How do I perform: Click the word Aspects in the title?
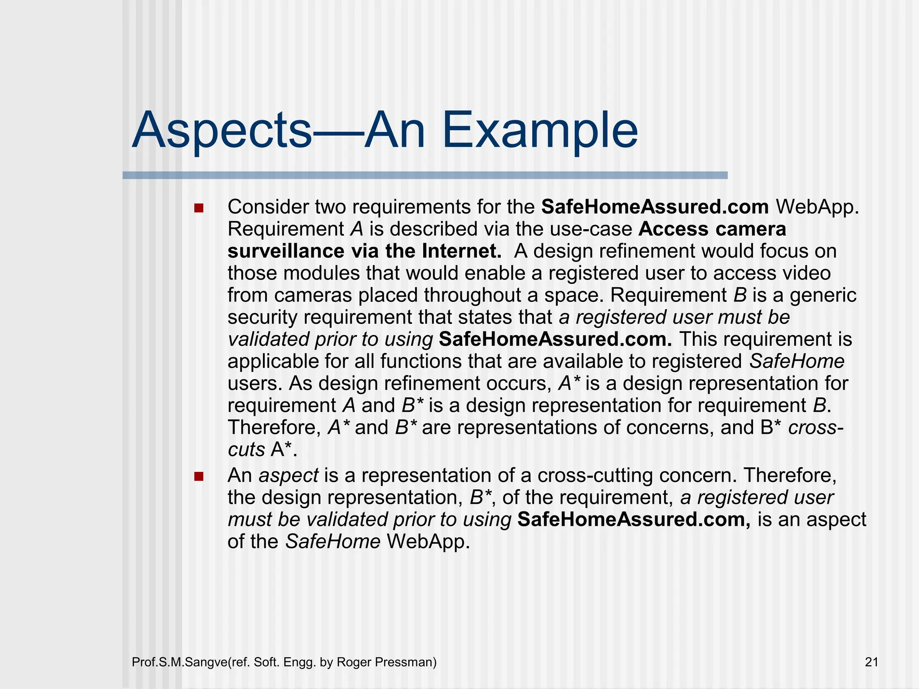222,131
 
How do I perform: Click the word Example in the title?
539,131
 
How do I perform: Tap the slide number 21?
871,662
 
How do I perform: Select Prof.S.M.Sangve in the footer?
180,662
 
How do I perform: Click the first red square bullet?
199,208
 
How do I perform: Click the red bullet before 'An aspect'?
199,476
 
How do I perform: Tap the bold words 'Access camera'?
712,229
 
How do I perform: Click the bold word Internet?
461,251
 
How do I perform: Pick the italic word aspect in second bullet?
289,475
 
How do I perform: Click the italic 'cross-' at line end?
816,427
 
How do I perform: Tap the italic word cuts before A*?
246,449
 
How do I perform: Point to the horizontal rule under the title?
424,175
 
